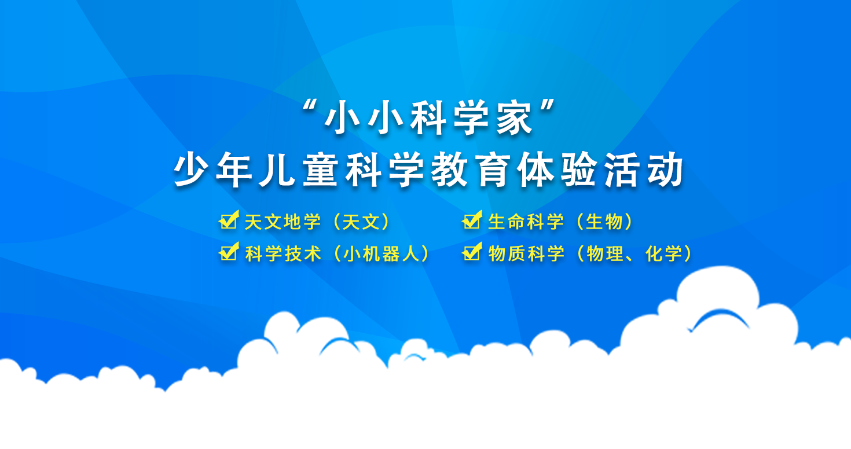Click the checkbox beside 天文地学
pos(229,220)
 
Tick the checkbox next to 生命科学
pos(472,220)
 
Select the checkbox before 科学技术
pos(229,252)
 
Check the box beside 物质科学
pos(472,252)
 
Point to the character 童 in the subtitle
pos(320,170)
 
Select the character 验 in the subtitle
pos(578,170)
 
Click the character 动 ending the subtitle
pos(665,170)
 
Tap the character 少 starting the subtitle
pos(191,170)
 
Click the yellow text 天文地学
pos(283,222)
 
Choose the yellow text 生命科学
pos(526,222)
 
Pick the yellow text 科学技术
pos(283,253)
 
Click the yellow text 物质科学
pos(526,253)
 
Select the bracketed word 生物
pos(604,222)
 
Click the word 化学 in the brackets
pos(663,253)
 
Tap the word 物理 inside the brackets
pos(605,253)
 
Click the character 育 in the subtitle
pos(492,170)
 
